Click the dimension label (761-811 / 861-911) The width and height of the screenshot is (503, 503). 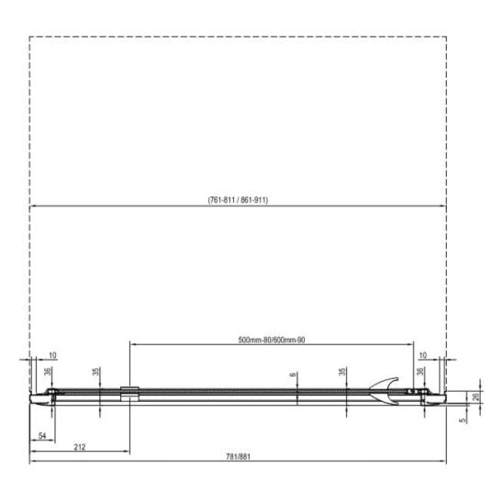pyautogui.click(x=238, y=200)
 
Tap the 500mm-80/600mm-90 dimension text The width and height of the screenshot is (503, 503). pyautogui.click(x=272, y=340)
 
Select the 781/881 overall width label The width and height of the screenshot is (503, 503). pyautogui.click(x=238, y=456)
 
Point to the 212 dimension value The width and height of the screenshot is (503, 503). pyautogui.click(x=80, y=447)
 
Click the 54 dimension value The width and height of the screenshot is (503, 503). pyautogui.click(x=42, y=436)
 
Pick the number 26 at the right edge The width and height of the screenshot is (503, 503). pyautogui.click(x=476, y=397)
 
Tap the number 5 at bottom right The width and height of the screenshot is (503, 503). pyautogui.click(x=463, y=420)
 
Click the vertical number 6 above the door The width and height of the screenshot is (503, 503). pyautogui.click(x=293, y=374)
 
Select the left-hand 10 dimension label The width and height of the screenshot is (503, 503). pyautogui.click(x=52, y=355)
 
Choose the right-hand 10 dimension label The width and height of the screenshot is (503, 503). pyautogui.click(x=423, y=355)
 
